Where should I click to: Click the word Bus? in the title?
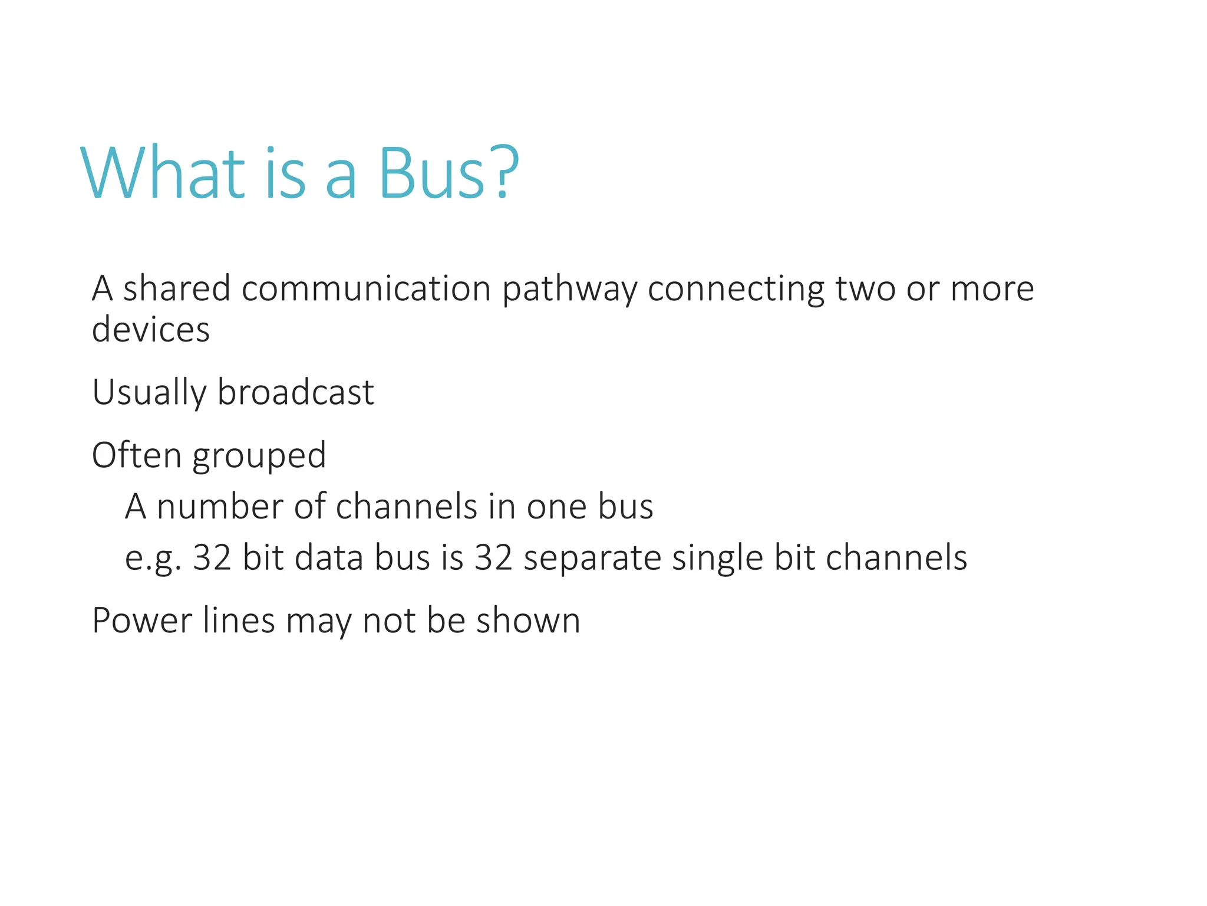(x=448, y=173)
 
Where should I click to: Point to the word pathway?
(x=569, y=290)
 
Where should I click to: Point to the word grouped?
(x=259, y=457)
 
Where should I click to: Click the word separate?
(x=592, y=559)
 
